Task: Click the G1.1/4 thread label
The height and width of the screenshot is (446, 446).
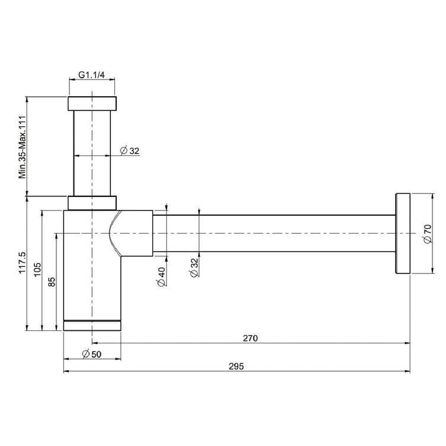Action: point(91,75)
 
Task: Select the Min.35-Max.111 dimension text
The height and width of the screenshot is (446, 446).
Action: point(22,147)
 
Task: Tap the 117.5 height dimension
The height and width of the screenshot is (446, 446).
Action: point(22,263)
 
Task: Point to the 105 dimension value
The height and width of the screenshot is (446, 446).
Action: point(37,270)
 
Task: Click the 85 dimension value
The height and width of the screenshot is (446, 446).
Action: point(52,282)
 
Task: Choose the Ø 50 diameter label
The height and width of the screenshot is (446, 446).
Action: point(91,354)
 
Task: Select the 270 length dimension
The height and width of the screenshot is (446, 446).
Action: point(250,338)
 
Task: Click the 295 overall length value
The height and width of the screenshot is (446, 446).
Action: point(237,367)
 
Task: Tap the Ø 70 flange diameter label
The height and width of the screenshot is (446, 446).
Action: point(428,234)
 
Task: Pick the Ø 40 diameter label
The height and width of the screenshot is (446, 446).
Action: point(161,277)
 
